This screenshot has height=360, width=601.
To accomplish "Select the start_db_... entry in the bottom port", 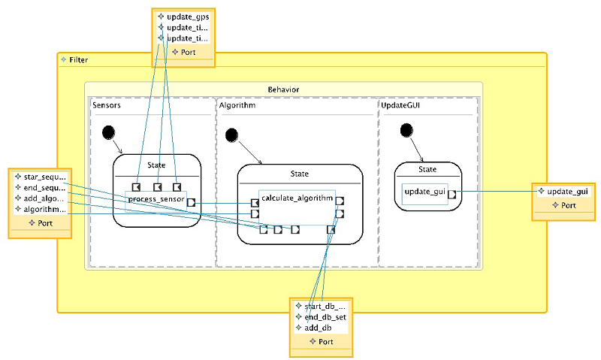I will pos(325,306).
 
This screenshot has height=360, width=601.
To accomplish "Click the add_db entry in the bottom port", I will pos(318,328).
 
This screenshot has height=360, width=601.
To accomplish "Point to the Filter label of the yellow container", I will pos(78,59).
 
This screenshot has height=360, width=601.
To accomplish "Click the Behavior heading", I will pos(283,89).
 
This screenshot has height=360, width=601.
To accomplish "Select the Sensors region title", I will pos(107,106).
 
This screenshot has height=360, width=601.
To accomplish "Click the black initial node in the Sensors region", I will pos(109,133).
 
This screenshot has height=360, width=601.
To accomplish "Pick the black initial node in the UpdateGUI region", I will pos(406,130).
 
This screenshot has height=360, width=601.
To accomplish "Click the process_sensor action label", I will pos(156,199).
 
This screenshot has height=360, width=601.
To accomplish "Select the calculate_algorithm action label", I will pos(297,197).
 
